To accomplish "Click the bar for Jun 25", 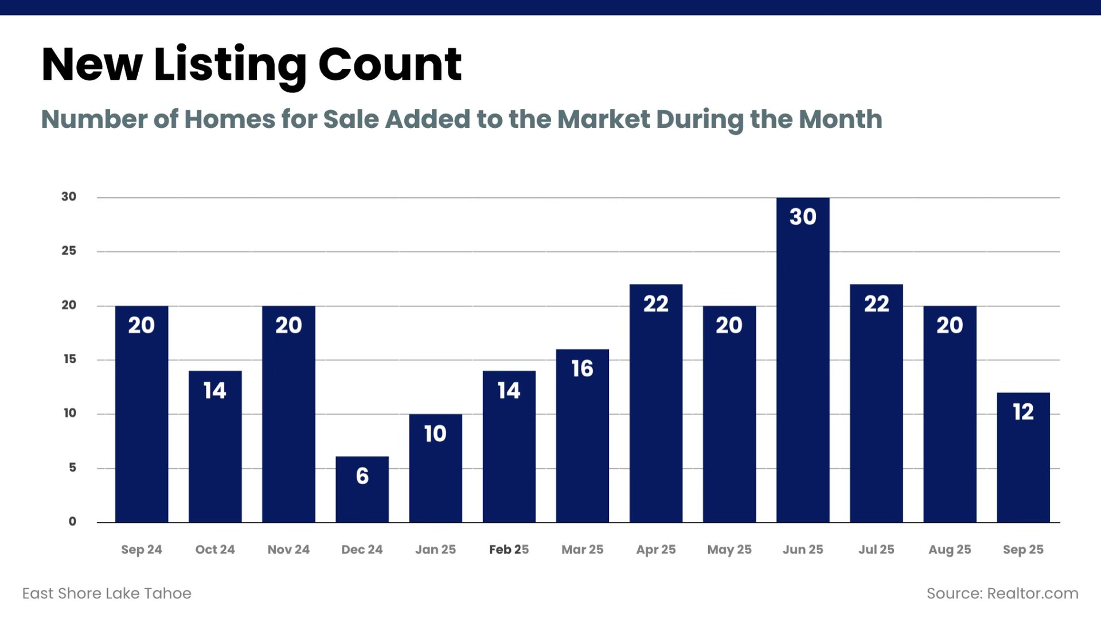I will tap(803, 367).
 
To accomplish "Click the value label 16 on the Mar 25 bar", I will tap(582, 369).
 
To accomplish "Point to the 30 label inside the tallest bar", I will tap(803, 217).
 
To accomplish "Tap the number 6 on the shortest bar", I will tap(362, 476).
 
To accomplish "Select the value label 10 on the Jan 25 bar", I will tap(435, 434).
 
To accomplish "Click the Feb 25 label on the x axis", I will tap(509, 550).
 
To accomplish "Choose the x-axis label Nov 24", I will tap(288, 550).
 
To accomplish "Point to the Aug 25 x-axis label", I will tap(950, 550).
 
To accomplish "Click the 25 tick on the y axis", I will tap(69, 251).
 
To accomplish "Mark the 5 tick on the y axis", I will tap(72, 468).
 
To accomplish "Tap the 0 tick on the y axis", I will tap(72, 521).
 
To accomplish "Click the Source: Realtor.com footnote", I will tap(1002, 593).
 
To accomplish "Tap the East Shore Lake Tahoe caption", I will tap(107, 593).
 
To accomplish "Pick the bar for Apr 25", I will tap(656, 413).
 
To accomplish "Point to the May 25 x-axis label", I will tap(729, 550).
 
